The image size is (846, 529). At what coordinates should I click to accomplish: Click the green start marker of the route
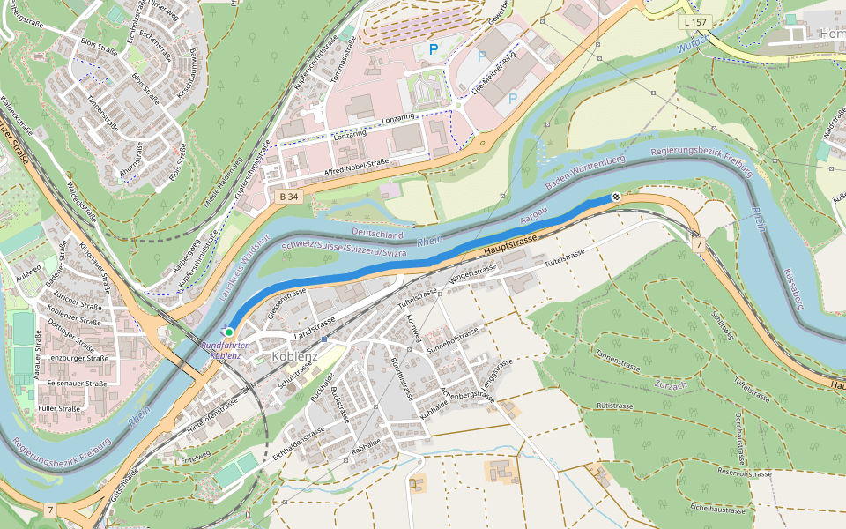229,332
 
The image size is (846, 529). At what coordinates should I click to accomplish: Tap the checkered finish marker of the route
616,197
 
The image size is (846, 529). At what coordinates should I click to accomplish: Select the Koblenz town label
296,356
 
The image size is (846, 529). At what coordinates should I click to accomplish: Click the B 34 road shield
287,197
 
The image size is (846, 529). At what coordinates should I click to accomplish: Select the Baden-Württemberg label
585,172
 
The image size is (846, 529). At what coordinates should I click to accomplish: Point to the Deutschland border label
377,235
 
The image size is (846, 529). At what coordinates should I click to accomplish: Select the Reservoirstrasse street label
745,473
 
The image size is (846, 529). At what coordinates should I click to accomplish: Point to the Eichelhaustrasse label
718,510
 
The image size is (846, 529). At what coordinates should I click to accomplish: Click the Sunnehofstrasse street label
452,336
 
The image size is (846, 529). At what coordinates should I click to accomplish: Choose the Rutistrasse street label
617,406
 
